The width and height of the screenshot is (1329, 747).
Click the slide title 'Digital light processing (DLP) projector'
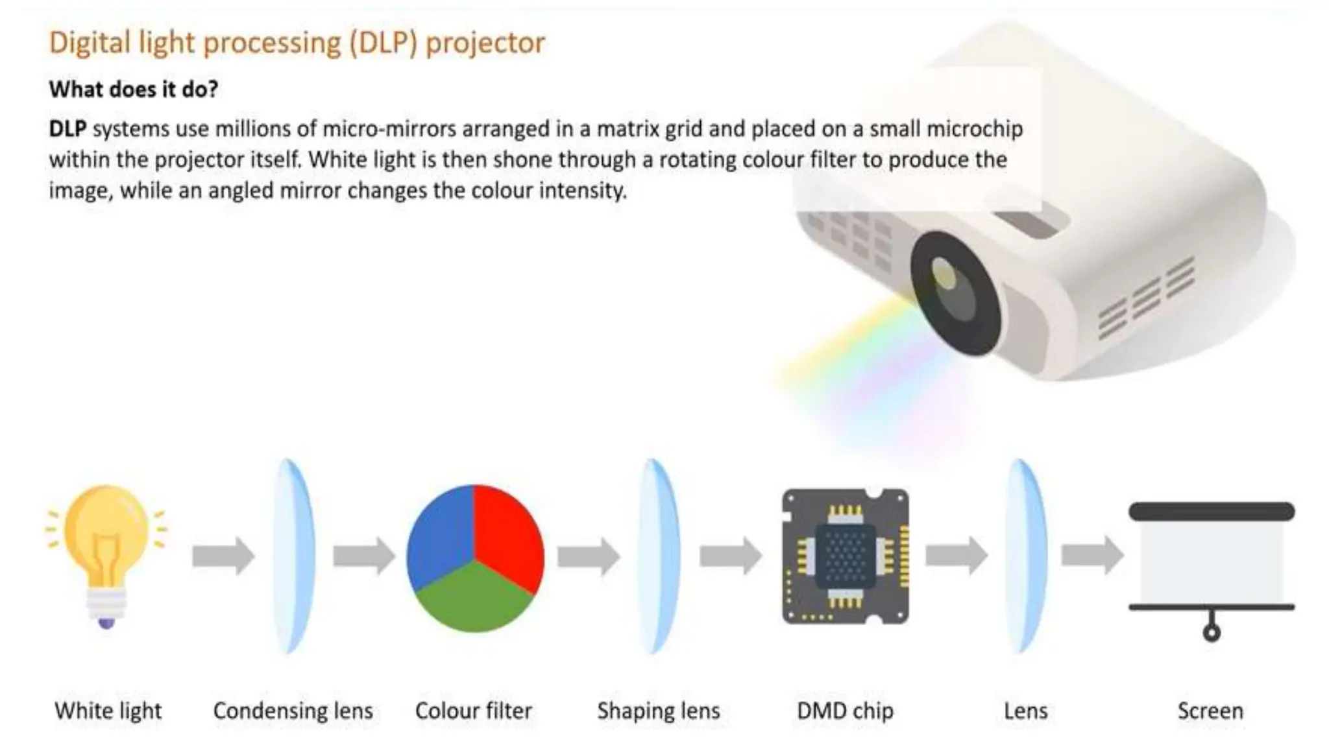(297, 43)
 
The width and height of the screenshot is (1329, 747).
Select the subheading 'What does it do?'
(133, 89)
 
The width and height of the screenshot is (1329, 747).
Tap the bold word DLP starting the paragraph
(67, 129)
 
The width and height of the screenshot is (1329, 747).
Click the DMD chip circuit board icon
(845, 556)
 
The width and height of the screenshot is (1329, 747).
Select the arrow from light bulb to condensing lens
(223, 556)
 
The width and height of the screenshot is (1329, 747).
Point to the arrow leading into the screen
(1092, 555)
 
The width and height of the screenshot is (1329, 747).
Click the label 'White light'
(108, 711)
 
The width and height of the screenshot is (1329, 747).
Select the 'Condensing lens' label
(293, 711)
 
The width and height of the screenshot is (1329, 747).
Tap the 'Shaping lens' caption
(658, 711)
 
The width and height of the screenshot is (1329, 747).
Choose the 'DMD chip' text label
(845, 711)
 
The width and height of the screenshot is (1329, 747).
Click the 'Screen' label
(1210, 711)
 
